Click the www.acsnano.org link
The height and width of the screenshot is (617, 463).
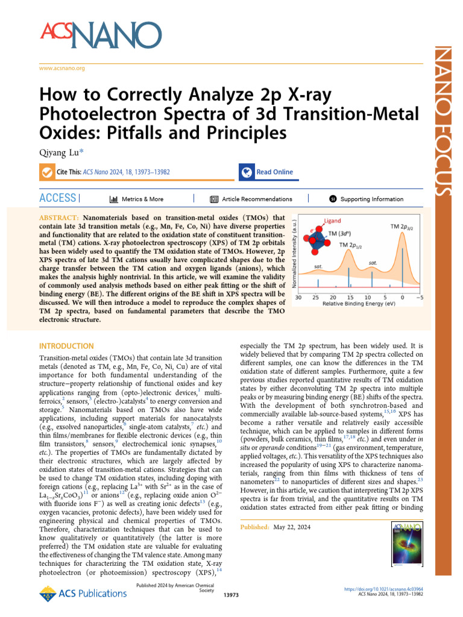click(x=61, y=68)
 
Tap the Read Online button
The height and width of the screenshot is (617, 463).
click(x=268, y=172)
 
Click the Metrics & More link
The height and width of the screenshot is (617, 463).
click(x=136, y=199)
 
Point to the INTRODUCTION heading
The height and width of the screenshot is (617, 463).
click(x=66, y=346)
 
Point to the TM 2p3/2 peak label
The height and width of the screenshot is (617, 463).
click(x=403, y=226)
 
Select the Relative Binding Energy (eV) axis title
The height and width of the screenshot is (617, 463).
click(x=359, y=304)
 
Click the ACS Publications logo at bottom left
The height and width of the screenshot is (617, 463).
click(x=74, y=595)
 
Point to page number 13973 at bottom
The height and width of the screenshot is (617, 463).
click(x=231, y=595)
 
